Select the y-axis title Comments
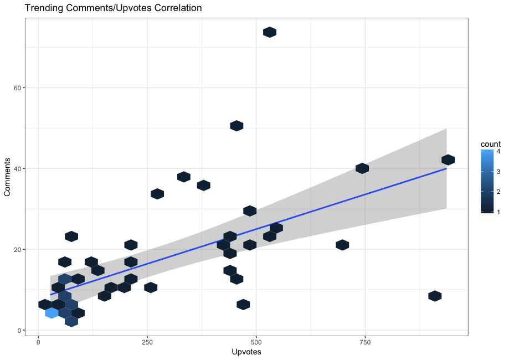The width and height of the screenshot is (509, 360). (8, 177)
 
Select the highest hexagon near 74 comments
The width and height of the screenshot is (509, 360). (270, 32)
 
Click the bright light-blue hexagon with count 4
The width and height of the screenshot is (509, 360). (52, 313)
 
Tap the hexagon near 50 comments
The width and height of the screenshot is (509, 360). (236, 126)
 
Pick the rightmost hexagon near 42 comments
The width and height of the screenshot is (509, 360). (448, 160)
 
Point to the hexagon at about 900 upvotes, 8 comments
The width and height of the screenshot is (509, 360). (435, 296)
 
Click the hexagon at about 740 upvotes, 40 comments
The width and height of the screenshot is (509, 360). (362, 168)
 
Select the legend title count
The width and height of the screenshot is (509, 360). (491, 145)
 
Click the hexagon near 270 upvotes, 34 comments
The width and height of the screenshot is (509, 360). (157, 194)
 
